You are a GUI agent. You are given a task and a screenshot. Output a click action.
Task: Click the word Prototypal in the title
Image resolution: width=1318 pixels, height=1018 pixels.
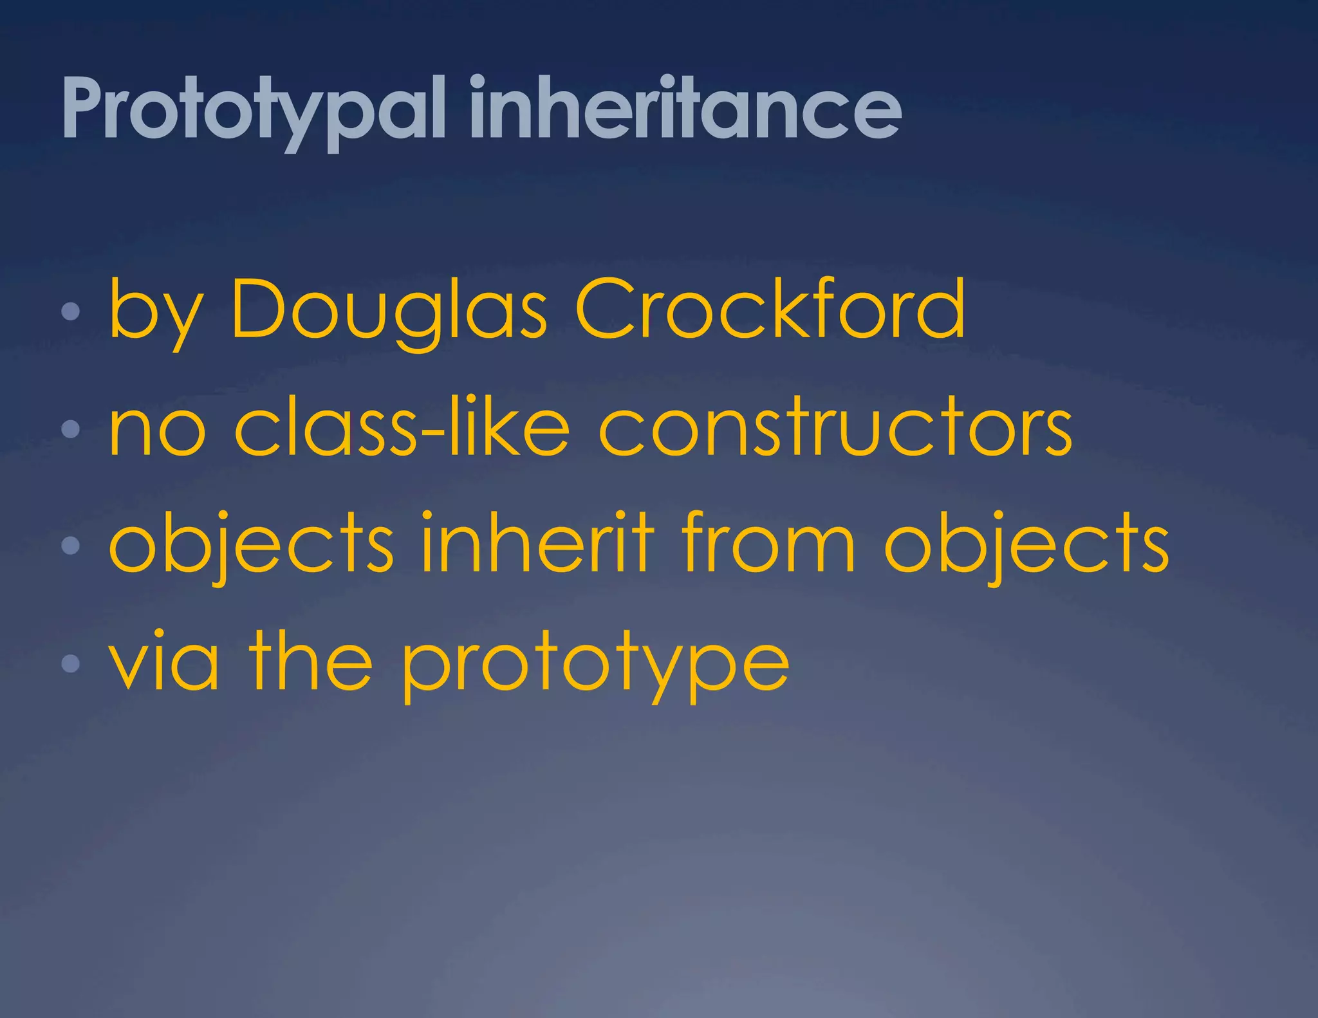[254, 109]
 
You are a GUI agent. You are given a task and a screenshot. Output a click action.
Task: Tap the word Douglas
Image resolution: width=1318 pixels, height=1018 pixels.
[389, 311]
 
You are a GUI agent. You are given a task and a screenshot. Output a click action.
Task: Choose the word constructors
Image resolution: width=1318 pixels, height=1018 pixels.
[835, 430]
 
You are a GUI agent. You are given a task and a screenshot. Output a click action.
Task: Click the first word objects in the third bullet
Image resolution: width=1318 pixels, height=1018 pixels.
[251, 546]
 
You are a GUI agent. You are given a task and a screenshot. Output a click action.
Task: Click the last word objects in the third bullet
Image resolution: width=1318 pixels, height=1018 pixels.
[1026, 546]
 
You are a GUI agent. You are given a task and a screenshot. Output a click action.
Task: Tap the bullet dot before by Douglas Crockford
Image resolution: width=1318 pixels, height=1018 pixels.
[70, 312]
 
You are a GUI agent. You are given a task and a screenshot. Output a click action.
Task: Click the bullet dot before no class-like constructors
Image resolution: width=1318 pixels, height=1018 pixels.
[70, 429]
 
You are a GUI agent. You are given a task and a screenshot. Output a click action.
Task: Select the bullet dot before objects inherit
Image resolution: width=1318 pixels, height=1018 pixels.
[70, 546]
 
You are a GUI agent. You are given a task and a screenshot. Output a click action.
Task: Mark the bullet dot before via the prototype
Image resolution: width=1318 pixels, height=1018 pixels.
[70, 663]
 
